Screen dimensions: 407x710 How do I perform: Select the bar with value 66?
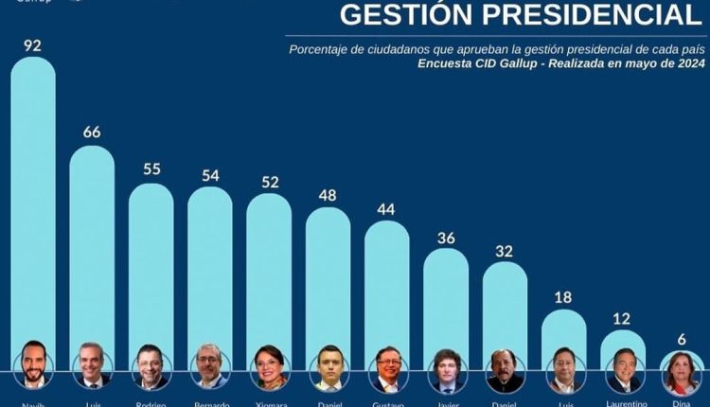tap(92, 246)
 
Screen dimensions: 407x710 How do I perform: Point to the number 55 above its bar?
tap(151, 169)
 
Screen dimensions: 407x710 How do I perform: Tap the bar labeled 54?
tap(210, 265)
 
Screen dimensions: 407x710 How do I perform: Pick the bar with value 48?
tap(328, 274)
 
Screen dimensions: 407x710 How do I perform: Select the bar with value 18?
tap(564, 327)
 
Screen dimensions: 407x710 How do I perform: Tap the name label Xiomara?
tap(269, 402)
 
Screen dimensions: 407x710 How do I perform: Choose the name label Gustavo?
tap(387, 402)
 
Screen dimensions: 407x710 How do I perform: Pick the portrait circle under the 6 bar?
tap(682, 372)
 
